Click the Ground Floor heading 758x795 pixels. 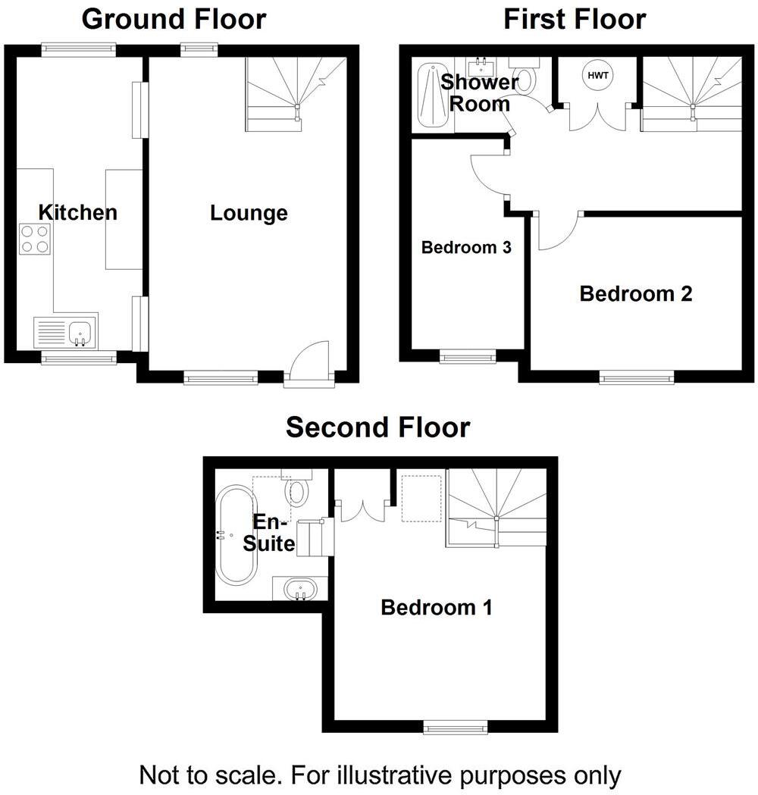[x=174, y=19]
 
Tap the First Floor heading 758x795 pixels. [x=575, y=19]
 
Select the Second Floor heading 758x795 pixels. [x=377, y=428]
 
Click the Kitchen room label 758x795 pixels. [x=78, y=212]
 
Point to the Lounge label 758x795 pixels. [x=249, y=214]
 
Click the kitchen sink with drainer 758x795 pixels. [x=65, y=332]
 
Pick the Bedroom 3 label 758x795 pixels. [x=466, y=247]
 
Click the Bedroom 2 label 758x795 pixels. [x=636, y=294]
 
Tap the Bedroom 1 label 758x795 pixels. [x=437, y=607]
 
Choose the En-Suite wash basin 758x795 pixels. [x=300, y=588]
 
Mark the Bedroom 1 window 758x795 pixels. [x=456, y=728]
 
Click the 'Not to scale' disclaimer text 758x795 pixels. [x=380, y=775]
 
